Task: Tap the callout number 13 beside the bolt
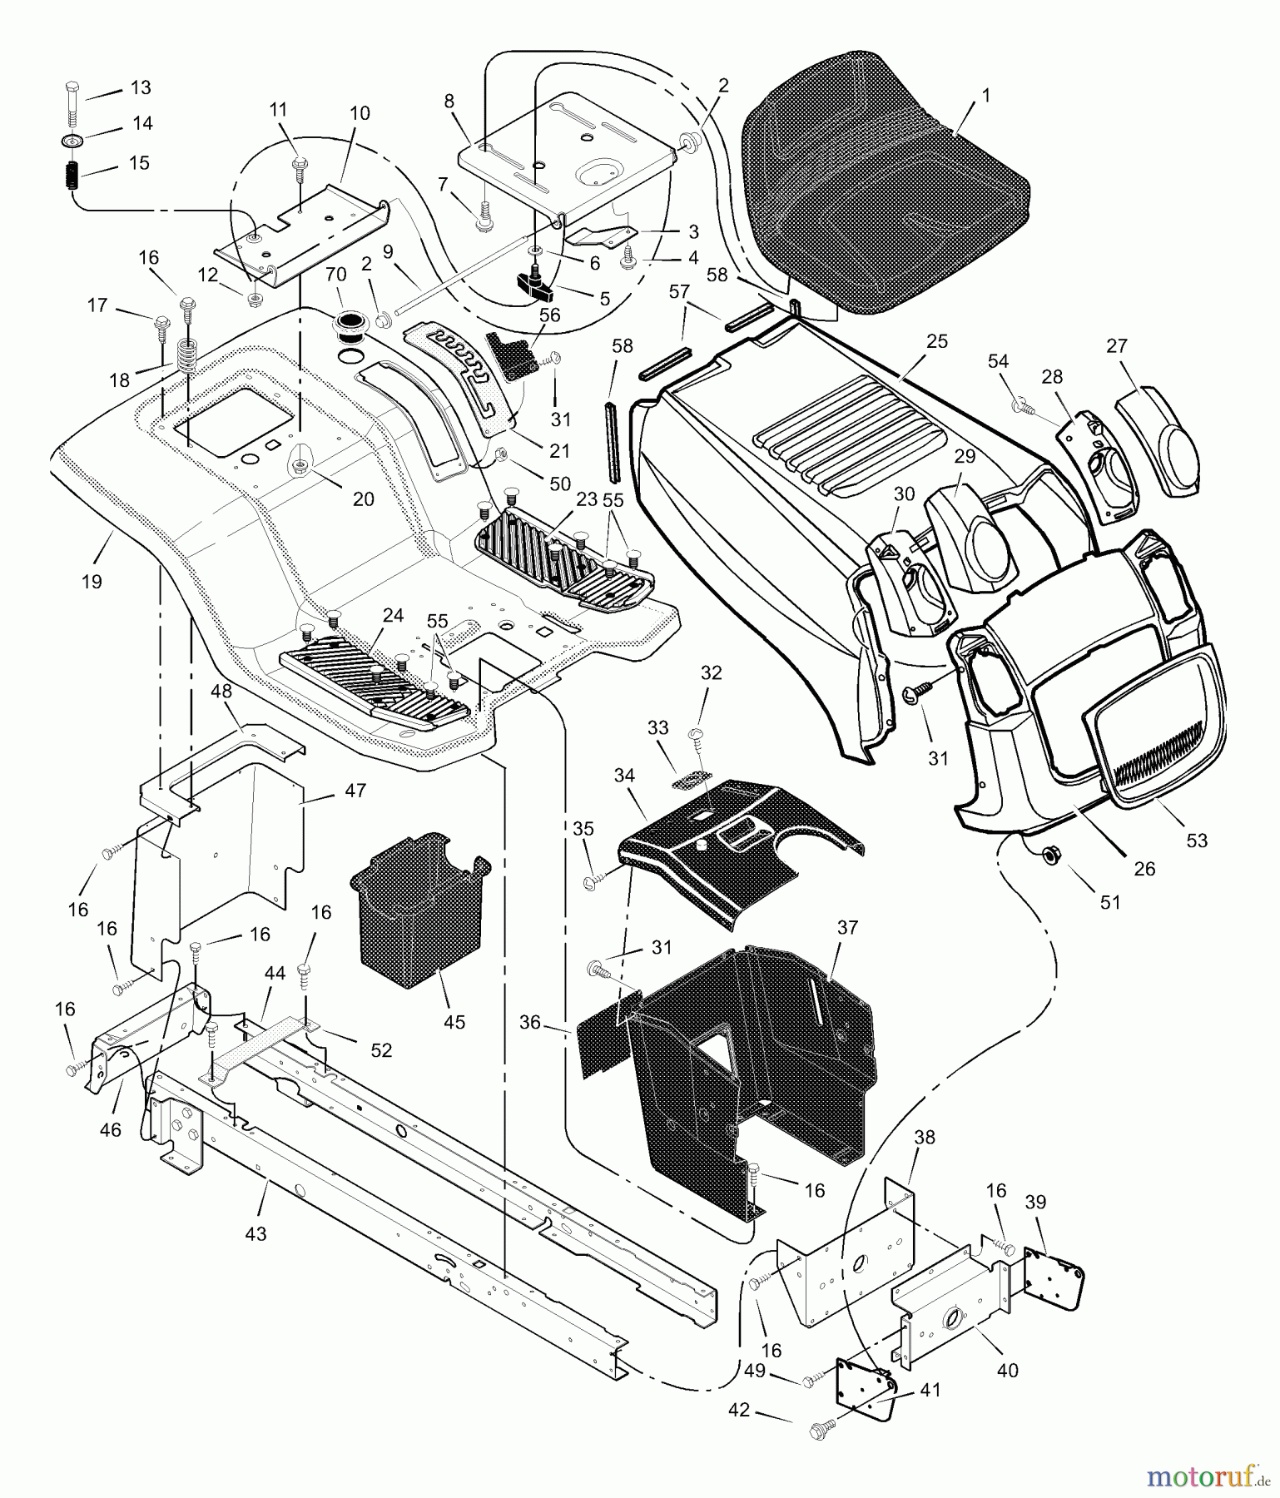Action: tap(141, 89)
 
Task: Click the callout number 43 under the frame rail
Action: tap(256, 1233)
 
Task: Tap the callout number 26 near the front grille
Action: tap(1144, 868)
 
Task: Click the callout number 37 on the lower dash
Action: tap(847, 926)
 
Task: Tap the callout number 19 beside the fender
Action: tap(92, 582)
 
